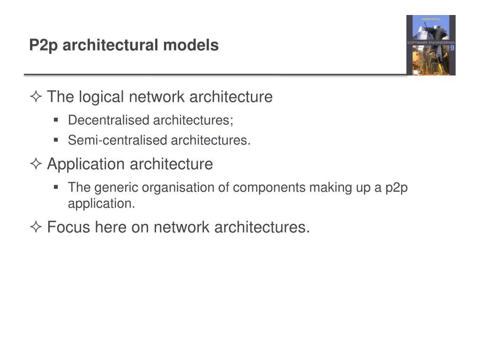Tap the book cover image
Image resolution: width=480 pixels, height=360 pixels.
430,45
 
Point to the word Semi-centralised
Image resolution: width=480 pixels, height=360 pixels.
117,140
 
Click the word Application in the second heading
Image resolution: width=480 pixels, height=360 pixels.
86,165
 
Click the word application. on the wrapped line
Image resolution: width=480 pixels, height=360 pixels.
101,204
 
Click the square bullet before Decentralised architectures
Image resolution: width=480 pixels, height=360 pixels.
56,120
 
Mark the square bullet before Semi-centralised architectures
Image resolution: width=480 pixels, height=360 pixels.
56,140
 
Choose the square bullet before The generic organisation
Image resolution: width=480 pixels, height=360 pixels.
56,187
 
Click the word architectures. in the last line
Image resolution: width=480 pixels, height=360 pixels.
262,227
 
